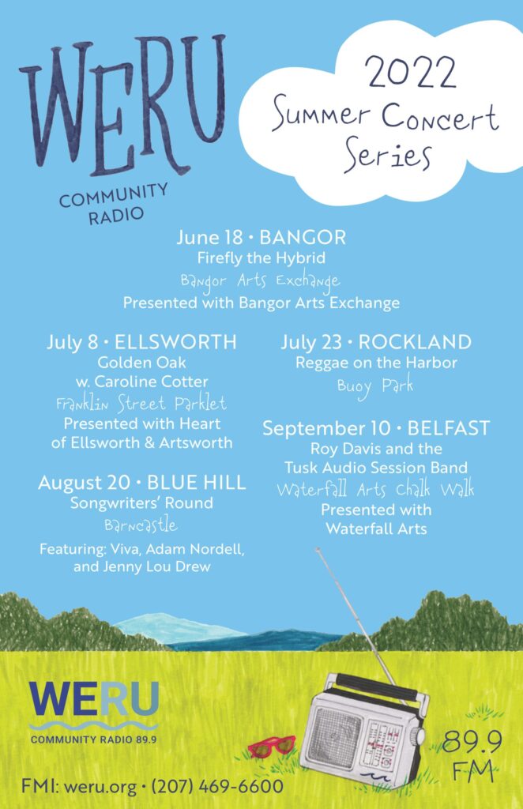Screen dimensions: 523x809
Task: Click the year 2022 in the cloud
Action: [411, 72]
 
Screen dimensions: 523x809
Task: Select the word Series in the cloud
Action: [387, 154]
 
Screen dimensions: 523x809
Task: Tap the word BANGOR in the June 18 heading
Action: [303, 237]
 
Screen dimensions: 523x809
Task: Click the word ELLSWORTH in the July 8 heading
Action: [175, 342]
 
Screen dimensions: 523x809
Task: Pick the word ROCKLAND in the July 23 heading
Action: [415, 342]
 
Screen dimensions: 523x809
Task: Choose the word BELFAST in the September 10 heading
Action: [448, 428]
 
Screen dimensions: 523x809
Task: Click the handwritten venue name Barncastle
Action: [141, 525]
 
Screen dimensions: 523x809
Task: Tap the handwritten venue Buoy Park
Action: [375, 386]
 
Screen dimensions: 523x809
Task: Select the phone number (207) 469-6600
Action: [217, 787]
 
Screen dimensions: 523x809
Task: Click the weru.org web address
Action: [100, 788]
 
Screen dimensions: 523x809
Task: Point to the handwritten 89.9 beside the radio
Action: [472, 741]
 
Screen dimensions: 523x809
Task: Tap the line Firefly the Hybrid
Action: [261, 258]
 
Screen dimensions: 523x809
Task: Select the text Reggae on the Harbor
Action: [376, 363]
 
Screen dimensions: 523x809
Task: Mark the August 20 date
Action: [84, 483]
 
